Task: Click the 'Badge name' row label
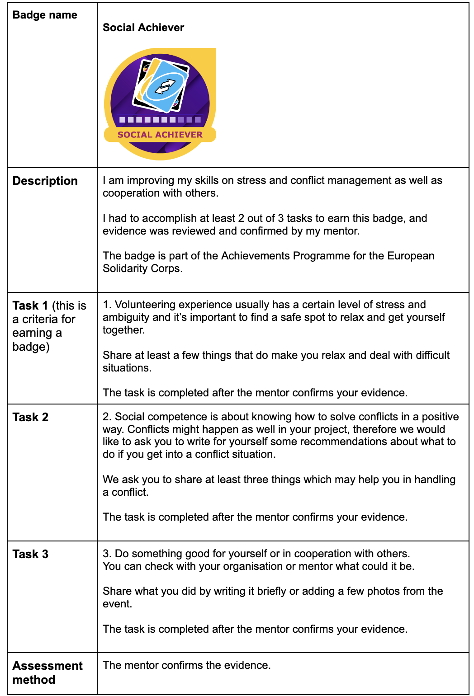click(x=45, y=15)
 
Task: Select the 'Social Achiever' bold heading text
click(x=143, y=28)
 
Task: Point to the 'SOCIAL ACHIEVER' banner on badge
click(x=160, y=135)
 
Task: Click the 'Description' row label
click(x=45, y=181)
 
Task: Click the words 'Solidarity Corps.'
click(x=142, y=268)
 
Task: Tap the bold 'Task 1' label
click(x=30, y=306)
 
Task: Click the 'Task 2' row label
click(x=30, y=417)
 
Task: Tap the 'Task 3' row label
click(x=30, y=554)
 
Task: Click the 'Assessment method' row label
click(x=47, y=672)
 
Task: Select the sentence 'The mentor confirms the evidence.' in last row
click(x=186, y=665)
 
